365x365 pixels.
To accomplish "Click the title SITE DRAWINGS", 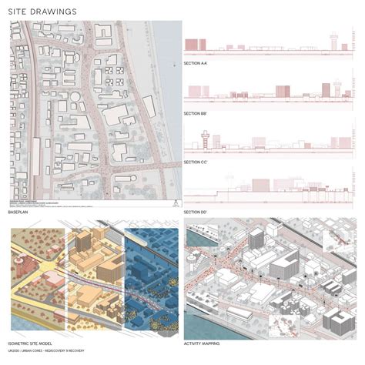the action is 42,12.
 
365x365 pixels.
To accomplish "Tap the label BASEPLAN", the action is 19,211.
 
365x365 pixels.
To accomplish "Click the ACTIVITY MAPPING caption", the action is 204,343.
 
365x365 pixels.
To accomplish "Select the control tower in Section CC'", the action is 206,139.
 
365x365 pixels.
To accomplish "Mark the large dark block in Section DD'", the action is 261,185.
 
